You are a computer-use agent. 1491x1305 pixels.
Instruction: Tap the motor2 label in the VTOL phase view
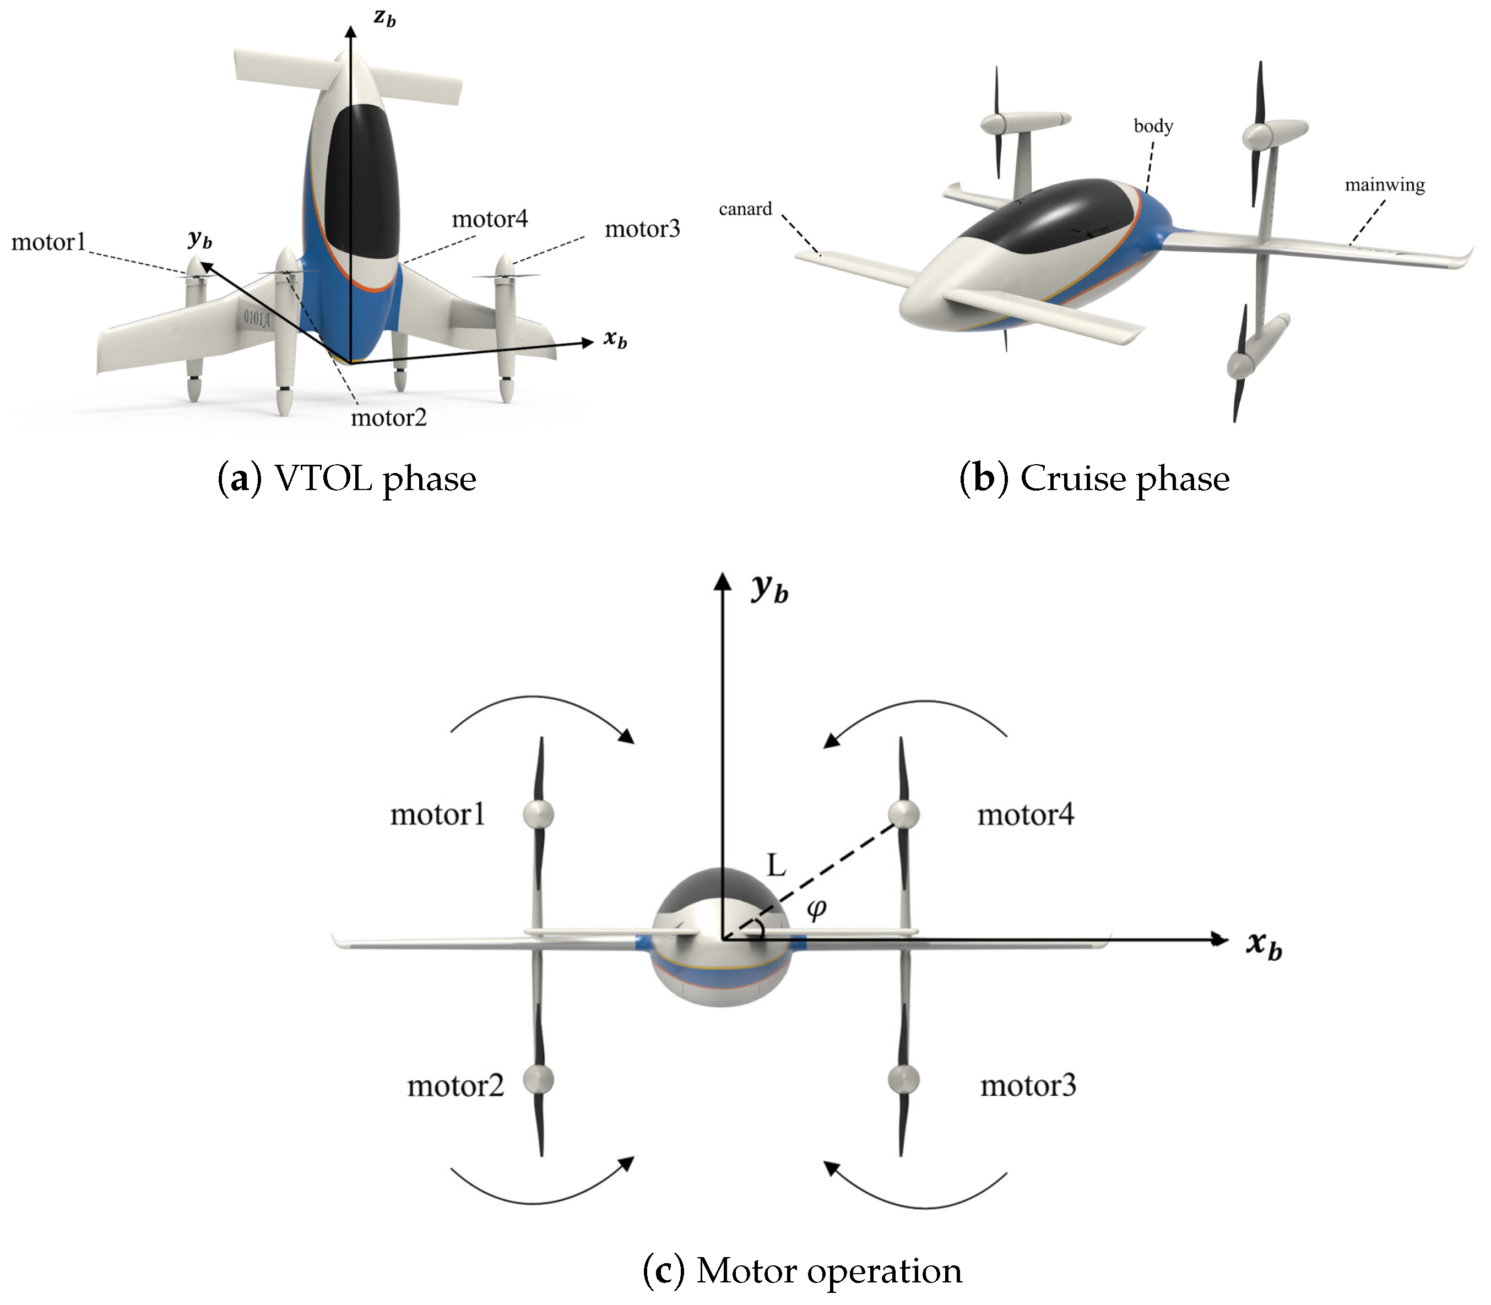388,418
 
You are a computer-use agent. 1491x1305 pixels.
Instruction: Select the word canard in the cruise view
745,209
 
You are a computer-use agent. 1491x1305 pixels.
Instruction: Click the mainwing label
1384,185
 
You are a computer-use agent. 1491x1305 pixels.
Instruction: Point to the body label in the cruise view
1153,126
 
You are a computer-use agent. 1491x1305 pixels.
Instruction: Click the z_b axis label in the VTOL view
384,18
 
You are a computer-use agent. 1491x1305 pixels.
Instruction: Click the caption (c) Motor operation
802,1271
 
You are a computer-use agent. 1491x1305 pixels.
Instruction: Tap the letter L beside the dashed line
777,865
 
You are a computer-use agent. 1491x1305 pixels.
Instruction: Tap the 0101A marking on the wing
256,318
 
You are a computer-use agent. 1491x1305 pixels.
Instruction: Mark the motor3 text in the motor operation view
1028,1086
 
